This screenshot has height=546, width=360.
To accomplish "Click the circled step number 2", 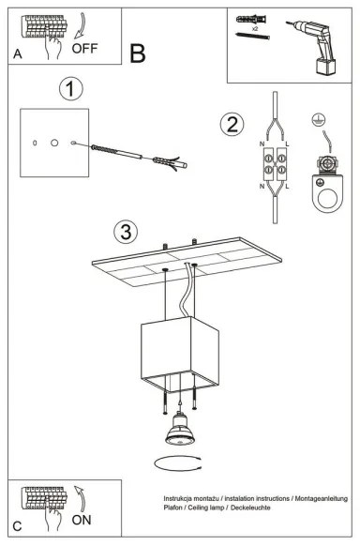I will click(x=231, y=124).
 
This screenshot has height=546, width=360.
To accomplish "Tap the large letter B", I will click(x=138, y=53).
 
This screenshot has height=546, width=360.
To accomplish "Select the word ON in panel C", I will click(x=82, y=517).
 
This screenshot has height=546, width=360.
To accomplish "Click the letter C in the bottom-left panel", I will click(x=18, y=527).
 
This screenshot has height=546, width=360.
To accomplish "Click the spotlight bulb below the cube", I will click(x=178, y=432).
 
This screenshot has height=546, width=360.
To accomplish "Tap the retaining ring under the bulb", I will click(x=178, y=464).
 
